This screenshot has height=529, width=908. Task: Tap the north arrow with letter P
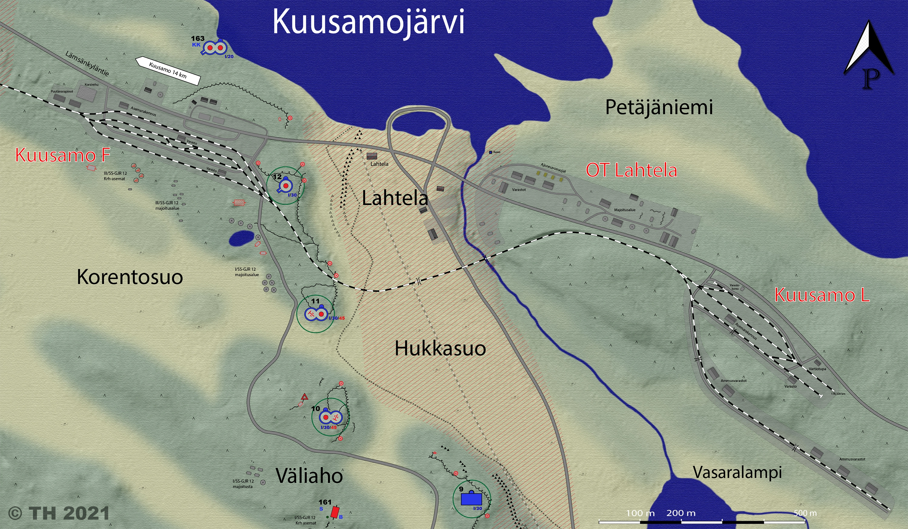[868, 54]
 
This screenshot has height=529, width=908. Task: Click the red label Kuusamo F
[62, 155]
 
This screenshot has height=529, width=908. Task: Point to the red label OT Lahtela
[631, 170]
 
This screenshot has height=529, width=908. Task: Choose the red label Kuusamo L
[822, 295]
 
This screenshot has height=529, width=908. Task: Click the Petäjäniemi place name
[659, 107]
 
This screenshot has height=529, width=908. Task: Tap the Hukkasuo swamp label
[440, 348]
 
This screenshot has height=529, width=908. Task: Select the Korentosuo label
[130, 277]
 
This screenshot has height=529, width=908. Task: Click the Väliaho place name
[309, 476]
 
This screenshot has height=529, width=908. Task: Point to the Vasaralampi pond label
[737, 472]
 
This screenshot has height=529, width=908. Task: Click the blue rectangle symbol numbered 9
[471, 499]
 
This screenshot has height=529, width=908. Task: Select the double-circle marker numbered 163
[214, 48]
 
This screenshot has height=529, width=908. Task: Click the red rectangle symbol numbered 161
[335, 512]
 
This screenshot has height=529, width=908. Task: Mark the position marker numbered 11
[315, 314]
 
